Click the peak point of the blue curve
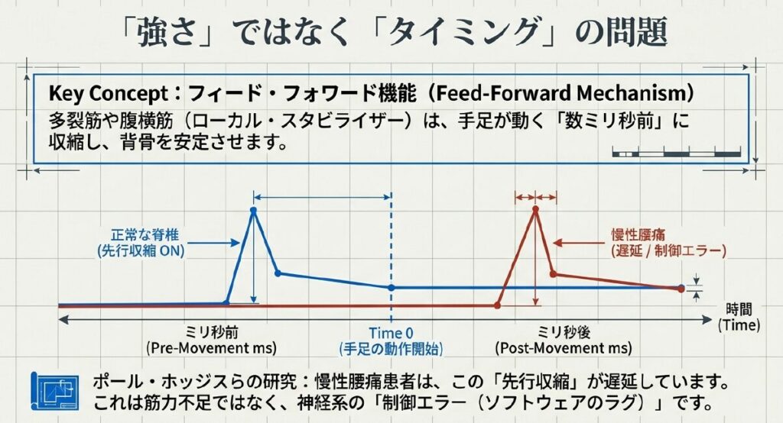(x=254, y=209)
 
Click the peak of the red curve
(x=535, y=209)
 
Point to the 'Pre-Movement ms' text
(x=211, y=348)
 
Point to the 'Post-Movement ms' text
(x=564, y=348)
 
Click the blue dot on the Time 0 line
(x=391, y=287)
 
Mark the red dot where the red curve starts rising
(x=497, y=305)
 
